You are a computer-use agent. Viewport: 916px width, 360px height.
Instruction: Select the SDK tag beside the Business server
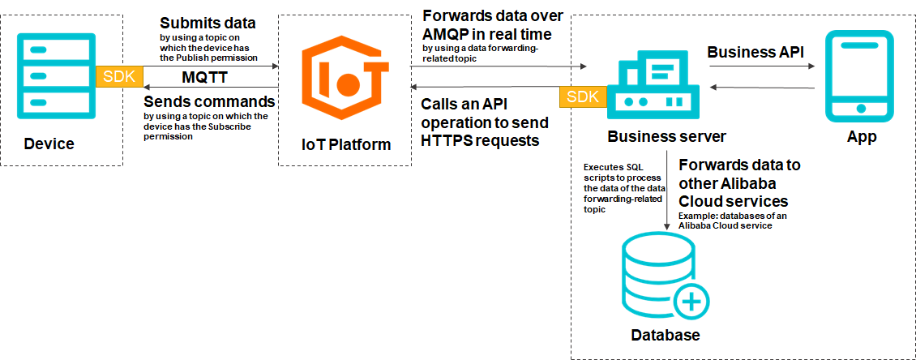583,96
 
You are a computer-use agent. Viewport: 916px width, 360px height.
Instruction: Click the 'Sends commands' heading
209,102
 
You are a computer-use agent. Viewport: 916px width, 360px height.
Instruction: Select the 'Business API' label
755,52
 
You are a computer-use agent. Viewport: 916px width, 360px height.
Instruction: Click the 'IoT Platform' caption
345,144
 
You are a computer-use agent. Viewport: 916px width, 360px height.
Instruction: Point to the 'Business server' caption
666,135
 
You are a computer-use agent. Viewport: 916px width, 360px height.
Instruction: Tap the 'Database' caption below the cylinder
665,336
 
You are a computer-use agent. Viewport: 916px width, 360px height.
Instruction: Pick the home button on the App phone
860,108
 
